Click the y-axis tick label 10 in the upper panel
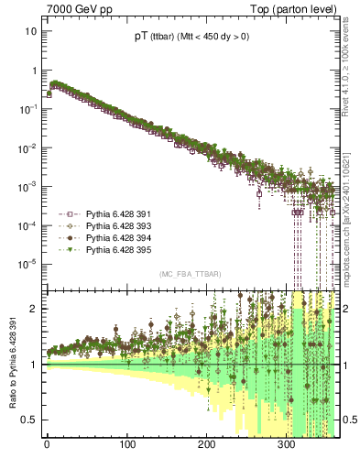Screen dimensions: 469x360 click(x=31, y=31)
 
